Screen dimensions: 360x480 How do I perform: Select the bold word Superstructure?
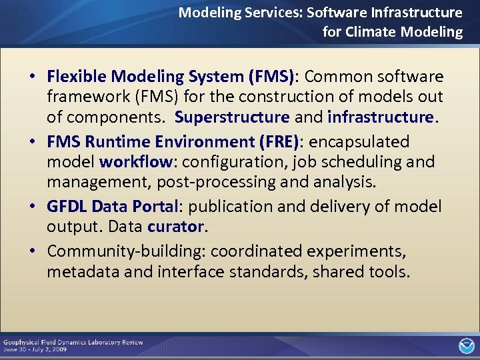click(232, 117)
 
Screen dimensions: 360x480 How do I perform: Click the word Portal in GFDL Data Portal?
click(155, 207)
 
